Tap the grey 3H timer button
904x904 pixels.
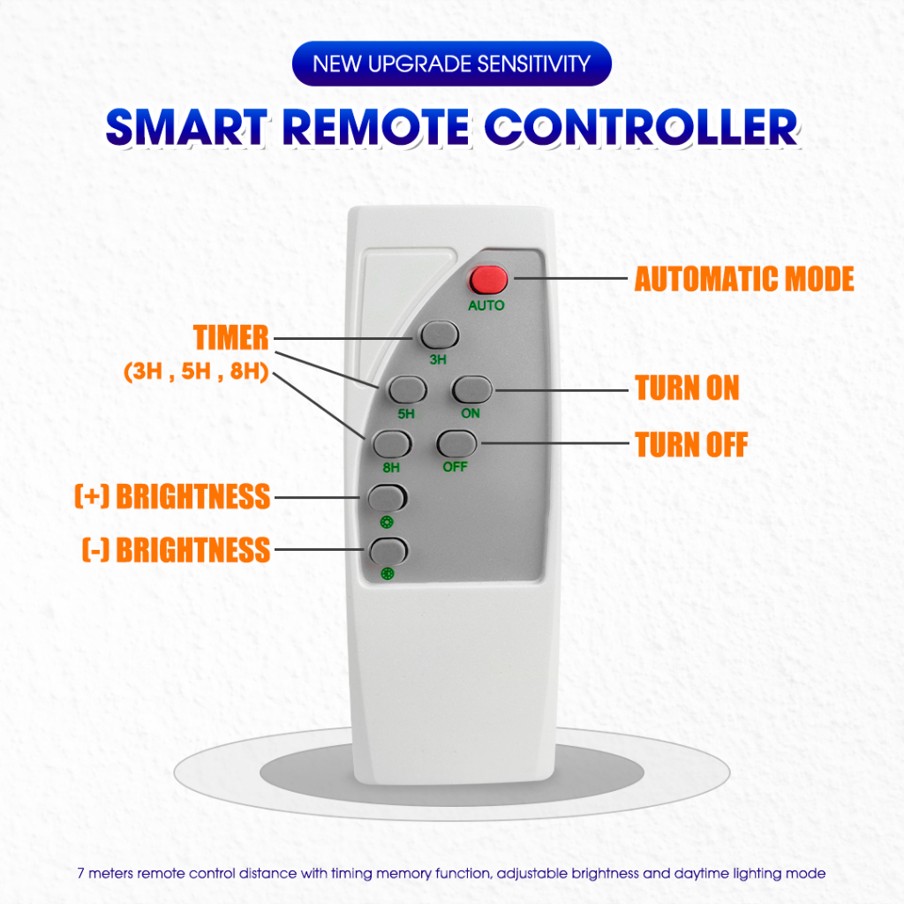[440, 335]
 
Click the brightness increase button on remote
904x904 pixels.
[388, 497]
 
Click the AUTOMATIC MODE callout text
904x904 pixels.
[744, 280]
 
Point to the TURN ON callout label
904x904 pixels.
[687, 388]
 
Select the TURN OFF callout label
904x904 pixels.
[691, 444]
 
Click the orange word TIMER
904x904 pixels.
[231, 336]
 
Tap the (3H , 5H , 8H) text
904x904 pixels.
[196, 372]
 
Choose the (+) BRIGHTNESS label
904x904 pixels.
[172, 496]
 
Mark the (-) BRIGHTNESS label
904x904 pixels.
[176, 549]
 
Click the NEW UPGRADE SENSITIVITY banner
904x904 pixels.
[451, 64]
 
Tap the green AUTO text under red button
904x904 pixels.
[486, 305]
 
